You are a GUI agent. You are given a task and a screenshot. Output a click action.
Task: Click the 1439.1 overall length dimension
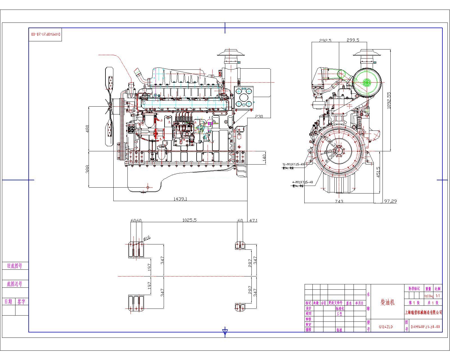[180, 199]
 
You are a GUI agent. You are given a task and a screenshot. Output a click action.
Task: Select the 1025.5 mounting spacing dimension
[189, 220]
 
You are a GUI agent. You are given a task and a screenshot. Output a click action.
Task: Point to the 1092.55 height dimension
[389, 100]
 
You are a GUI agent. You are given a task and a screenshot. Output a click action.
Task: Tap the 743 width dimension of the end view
[339, 201]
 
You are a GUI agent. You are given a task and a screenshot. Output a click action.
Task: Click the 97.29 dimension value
[390, 201]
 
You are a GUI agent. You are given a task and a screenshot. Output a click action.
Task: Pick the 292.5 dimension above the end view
[325, 40]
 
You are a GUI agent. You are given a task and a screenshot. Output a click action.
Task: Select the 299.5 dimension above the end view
[353, 40]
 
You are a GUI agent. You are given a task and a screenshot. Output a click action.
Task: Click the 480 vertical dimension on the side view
[87, 129]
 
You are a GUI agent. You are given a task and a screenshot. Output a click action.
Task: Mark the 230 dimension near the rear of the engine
[259, 116]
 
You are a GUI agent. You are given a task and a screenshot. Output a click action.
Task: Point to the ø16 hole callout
[147, 238]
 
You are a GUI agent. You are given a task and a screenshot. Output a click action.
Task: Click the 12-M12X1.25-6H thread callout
[293, 164]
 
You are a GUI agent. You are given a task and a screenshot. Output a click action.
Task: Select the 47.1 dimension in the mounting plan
[253, 220]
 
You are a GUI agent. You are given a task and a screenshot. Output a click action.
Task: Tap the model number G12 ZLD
[386, 327]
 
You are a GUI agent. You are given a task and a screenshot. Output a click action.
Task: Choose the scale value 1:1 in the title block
[438, 296]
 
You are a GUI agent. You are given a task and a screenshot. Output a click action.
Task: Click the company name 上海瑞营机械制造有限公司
[423, 312]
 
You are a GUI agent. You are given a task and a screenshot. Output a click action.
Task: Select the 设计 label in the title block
[309, 308]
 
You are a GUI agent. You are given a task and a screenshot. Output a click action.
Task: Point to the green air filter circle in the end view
[366, 82]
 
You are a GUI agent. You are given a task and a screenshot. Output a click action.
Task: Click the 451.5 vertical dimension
[378, 172]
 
